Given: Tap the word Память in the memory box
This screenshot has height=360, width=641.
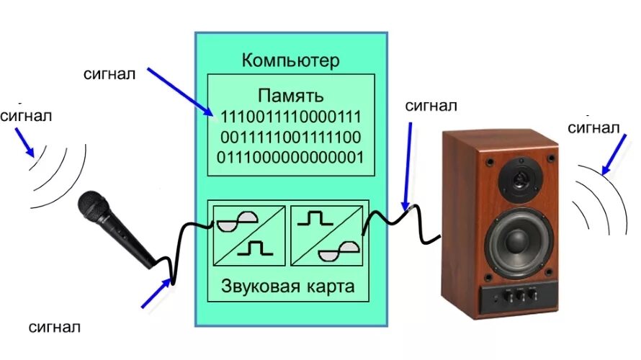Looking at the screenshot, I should (x=291, y=96).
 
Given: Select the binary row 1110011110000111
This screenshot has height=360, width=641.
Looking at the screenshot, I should (x=291, y=117).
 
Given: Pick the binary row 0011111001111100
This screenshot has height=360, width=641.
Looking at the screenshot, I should (x=291, y=137).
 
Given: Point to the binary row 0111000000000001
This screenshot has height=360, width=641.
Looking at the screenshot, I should (x=291, y=157).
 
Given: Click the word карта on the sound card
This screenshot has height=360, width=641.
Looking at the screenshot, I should (x=329, y=287).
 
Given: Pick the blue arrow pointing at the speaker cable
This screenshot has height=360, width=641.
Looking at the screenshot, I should (x=408, y=168).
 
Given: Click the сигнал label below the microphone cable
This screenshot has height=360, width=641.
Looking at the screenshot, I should (x=54, y=328).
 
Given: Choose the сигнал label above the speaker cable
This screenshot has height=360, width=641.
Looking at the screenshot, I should (x=430, y=107).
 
